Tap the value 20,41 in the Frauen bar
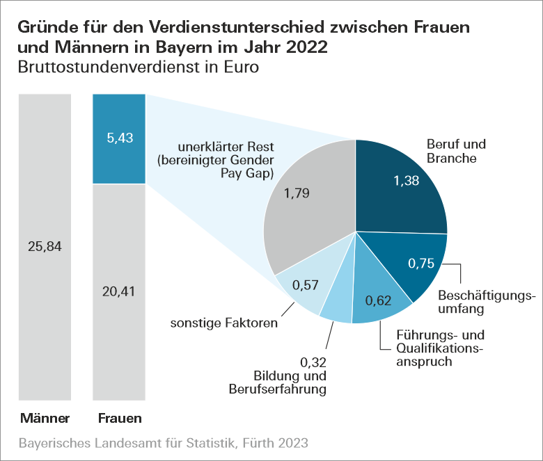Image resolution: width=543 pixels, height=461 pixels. coord(118,291)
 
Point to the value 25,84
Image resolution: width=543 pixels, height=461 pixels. coord(45,247)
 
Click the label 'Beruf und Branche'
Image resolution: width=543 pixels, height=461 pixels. coord(456,151)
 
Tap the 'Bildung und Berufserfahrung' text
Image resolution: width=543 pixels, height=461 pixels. coord(278,382)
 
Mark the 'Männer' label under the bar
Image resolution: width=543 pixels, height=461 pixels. coord(45,419)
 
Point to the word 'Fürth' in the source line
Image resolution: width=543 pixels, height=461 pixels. coord(252,443)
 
